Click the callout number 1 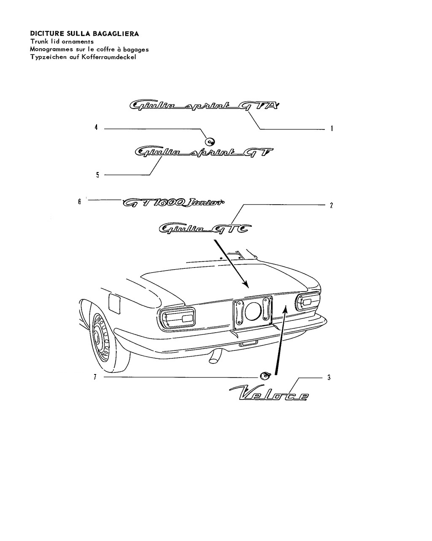coord(332,128)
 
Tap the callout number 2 coord(331,205)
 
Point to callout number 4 coord(96,128)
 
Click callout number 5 coord(97,175)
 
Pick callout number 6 coord(80,202)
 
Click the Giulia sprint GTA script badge coord(204,106)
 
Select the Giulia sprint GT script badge coord(204,152)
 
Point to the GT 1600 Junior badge coord(173,202)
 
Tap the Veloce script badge coord(269,393)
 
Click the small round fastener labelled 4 coord(210,142)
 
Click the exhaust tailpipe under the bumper coord(216,357)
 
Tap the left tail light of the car coord(177,318)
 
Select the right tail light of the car coord(308,302)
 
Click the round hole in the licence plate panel coord(253,311)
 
